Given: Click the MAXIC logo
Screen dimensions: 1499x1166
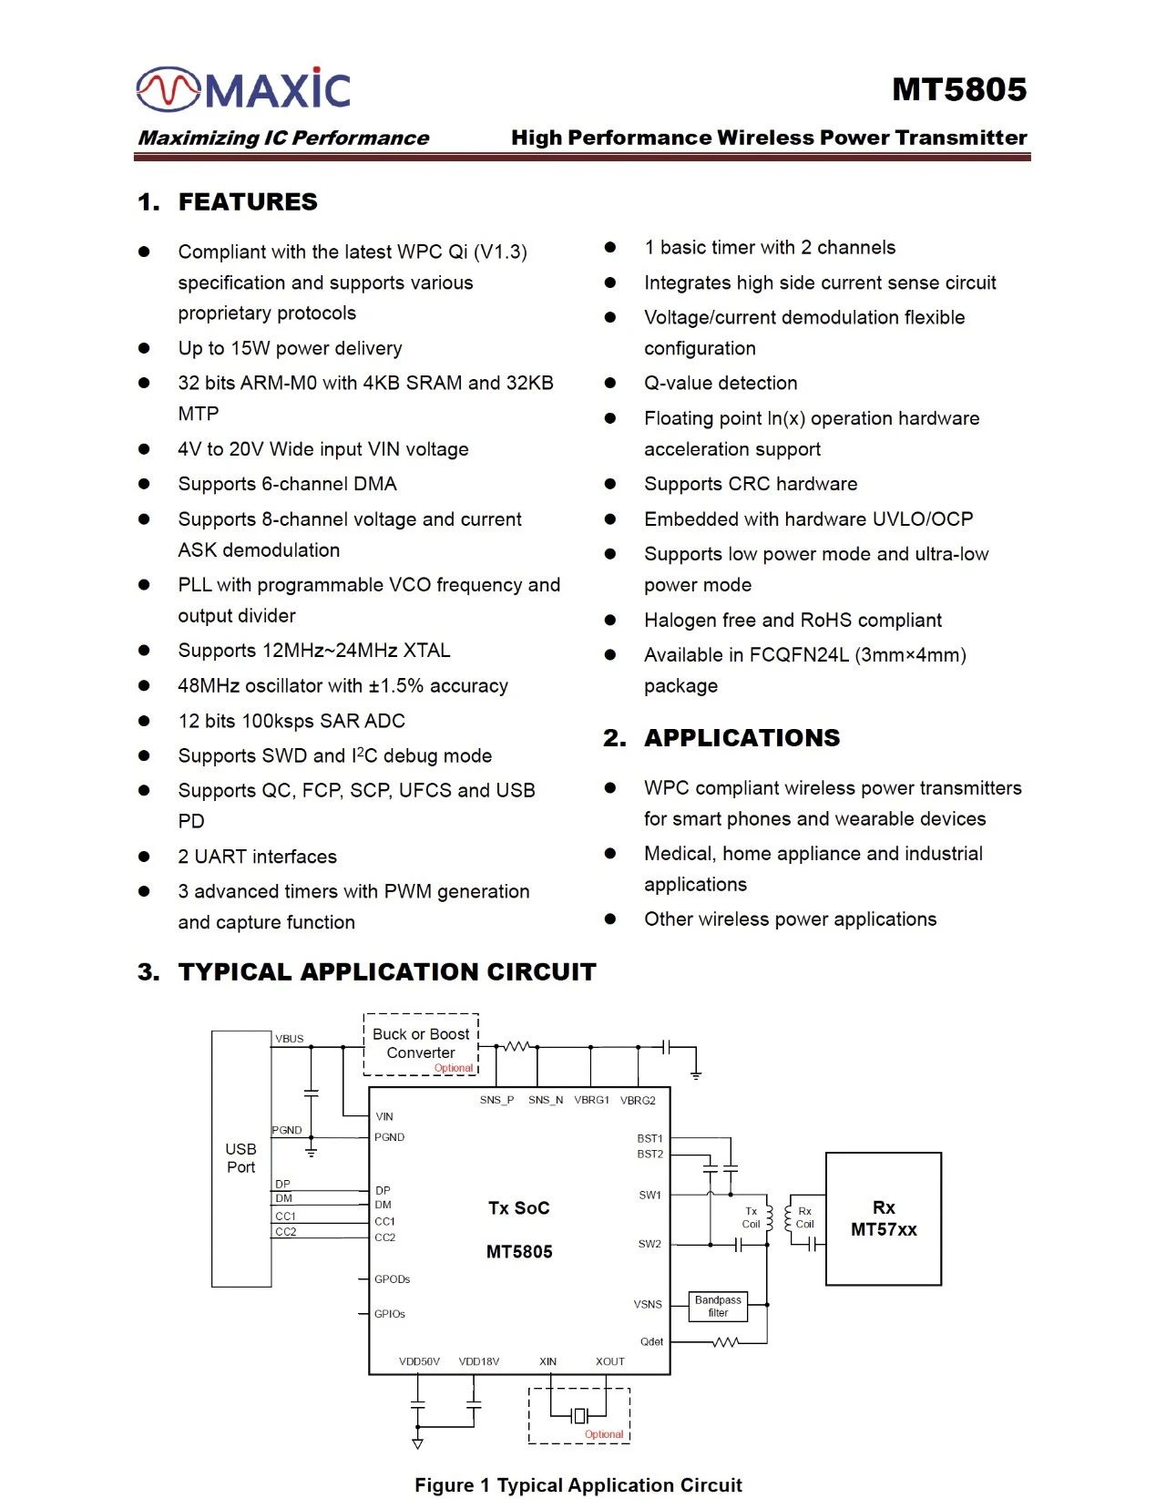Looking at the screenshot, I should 243,89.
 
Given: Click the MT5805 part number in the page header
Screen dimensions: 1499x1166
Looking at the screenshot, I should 958,89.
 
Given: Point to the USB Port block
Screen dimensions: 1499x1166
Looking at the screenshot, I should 241,1158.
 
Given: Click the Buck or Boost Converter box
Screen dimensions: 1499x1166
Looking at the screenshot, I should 421,1044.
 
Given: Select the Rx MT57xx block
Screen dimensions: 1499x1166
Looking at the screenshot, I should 883,1218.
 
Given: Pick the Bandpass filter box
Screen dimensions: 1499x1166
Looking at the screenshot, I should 718,1306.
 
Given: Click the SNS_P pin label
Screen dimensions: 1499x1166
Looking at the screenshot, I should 496,1100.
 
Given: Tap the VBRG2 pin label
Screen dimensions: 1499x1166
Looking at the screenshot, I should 638,1100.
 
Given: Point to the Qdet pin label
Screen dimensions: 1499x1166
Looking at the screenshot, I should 651,1341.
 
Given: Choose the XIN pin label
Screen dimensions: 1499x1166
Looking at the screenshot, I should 547,1361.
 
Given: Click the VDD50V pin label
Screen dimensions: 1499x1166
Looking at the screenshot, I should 419,1361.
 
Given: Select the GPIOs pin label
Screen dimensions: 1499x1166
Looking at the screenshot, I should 390,1314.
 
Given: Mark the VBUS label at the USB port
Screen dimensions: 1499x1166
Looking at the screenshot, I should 290,1039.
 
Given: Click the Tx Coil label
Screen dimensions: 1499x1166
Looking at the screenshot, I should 751,1217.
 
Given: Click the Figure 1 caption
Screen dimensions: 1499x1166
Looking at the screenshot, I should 578,1485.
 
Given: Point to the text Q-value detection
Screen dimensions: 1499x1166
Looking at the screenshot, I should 721,383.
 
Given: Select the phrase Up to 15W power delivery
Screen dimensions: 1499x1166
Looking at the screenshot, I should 290,348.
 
